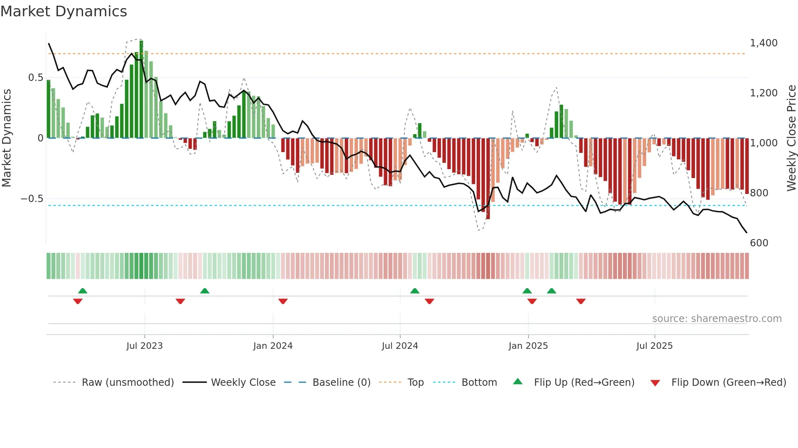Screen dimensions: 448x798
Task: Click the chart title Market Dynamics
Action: pos(64,11)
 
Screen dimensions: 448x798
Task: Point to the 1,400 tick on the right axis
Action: pos(763,43)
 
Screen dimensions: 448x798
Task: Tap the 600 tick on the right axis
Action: pos(759,243)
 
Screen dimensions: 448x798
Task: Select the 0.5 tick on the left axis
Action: pos(35,78)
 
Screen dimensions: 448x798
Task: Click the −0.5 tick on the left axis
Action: pos(32,199)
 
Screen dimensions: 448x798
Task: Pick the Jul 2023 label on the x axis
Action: pos(145,346)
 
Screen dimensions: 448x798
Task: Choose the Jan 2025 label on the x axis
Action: pos(528,346)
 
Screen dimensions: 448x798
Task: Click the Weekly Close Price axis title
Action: pos(791,138)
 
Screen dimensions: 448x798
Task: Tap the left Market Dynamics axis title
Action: pos(7,138)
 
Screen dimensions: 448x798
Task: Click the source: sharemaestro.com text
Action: pos(717,319)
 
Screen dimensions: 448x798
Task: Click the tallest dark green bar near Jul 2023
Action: pos(141,89)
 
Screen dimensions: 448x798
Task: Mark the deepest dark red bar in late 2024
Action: pos(488,179)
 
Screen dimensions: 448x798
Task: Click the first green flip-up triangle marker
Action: pos(83,291)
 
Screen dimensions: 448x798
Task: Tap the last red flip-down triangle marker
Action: pos(581,301)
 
